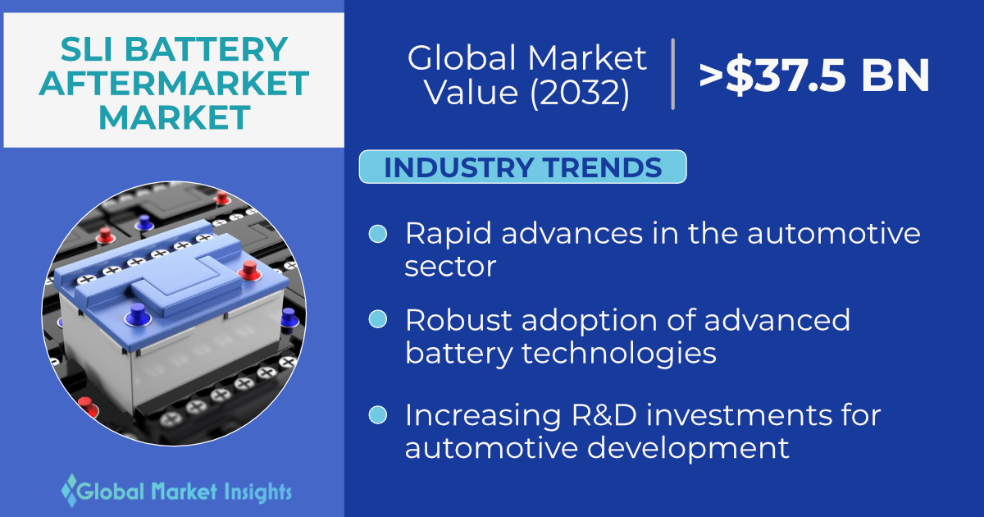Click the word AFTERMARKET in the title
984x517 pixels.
[x=174, y=83]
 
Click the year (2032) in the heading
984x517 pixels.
[x=580, y=93]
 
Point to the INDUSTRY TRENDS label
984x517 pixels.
[x=523, y=167]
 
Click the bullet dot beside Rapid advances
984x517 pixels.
[x=378, y=234]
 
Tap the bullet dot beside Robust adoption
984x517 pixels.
[x=378, y=319]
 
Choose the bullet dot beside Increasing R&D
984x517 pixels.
[x=378, y=415]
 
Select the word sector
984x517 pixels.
[x=450, y=267]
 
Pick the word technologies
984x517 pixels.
[x=619, y=353]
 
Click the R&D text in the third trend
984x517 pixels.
[x=604, y=415]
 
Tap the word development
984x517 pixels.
[x=688, y=448]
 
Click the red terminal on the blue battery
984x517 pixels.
[x=249, y=270]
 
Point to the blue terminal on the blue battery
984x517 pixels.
[x=138, y=315]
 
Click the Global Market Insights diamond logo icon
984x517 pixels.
[x=69, y=490]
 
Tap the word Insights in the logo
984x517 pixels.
[x=257, y=492]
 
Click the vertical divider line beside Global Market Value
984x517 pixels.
[x=672, y=74]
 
